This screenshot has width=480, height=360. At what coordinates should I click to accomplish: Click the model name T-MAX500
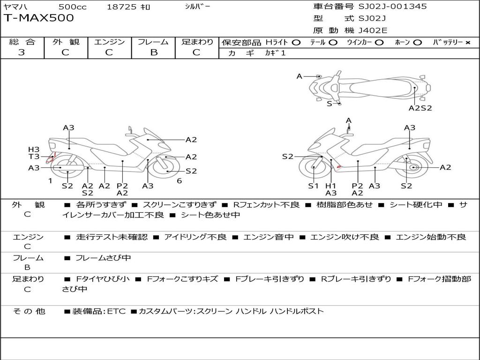[39, 18]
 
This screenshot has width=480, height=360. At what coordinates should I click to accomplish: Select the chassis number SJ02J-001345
[393, 7]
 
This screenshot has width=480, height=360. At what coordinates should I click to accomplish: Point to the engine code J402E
[373, 30]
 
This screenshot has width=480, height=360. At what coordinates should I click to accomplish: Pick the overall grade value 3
[22, 52]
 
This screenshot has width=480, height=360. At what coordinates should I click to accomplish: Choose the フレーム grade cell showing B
[153, 52]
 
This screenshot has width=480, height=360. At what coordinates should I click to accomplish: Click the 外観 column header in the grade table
[66, 42]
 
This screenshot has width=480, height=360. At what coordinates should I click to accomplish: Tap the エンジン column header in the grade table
[109, 42]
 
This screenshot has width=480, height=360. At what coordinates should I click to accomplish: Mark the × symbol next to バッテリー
[467, 43]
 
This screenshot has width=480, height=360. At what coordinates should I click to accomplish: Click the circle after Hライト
[296, 43]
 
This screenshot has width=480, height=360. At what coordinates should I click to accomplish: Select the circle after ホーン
[417, 43]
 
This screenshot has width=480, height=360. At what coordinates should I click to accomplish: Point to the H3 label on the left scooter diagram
[34, 150]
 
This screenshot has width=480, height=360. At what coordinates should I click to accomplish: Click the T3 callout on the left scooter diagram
[34, 157]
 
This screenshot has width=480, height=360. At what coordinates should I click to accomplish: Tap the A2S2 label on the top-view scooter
[420, 107]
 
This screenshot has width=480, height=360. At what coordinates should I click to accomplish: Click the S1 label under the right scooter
[313, 186]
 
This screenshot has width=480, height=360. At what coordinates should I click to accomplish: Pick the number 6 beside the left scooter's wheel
[179, 180]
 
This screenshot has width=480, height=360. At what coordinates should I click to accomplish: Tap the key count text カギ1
[275, 53]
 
